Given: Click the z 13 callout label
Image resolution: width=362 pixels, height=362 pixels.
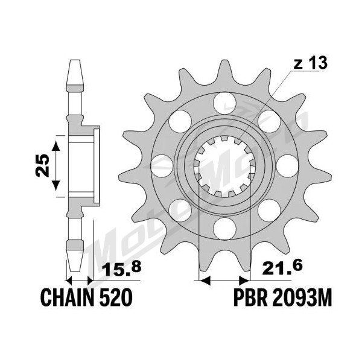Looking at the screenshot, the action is coord(310,63).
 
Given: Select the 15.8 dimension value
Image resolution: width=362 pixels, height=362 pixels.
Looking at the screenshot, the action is coord(121,268).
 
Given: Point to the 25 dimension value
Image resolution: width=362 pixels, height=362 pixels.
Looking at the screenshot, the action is coord(42,165).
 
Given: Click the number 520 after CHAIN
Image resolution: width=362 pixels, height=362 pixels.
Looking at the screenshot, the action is coord(116,297).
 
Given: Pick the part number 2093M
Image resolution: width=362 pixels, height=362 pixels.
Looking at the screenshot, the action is coord(302,297).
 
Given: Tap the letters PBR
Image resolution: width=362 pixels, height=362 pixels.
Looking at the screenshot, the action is coord(250,297).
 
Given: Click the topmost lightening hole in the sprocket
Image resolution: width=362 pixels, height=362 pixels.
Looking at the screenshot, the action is coord(224,103).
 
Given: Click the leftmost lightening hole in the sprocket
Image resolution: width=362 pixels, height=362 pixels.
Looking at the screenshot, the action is coord(162,166).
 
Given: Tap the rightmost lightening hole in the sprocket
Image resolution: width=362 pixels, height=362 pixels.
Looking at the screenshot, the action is coord(287,166).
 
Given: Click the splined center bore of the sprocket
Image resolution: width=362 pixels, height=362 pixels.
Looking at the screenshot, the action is coord(224,166).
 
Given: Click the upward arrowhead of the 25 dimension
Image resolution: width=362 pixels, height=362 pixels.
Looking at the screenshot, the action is coord(56,147).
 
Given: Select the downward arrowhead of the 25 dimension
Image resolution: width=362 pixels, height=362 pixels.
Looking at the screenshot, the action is coord(56,186).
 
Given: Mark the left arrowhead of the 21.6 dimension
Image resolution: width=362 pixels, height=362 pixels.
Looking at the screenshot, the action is coord(205,281).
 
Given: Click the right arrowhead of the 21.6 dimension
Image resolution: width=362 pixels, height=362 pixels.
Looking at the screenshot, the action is coord(245,281).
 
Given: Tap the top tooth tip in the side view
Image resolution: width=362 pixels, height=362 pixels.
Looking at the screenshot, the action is coord(75,60).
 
